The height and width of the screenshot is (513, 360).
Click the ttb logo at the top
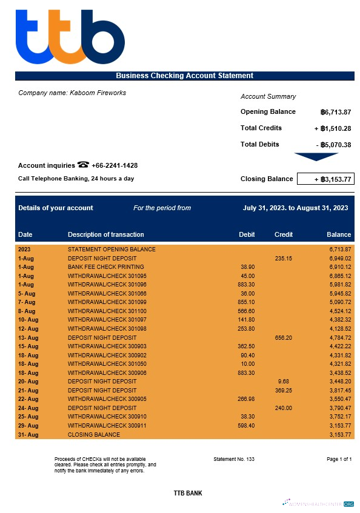coord(70,37)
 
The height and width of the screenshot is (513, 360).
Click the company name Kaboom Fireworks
coord(72,93)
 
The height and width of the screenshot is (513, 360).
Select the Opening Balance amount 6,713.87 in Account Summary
coord(336,112)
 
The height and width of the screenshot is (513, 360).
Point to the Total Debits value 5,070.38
coord(336,145)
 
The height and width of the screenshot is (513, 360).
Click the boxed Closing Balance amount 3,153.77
coord(325,179)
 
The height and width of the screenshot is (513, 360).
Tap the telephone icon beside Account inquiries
coord(83,165)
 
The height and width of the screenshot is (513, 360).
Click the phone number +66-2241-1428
coord(115,165)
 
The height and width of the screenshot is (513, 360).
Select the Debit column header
coord(247,234)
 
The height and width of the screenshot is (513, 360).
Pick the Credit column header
coord(284,234)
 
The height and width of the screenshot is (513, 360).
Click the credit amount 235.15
coord(283,258)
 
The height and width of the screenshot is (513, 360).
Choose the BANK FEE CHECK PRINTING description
coord(105,266)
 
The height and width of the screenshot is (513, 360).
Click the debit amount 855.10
coord(247,302)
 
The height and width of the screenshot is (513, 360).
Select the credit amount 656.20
coord(283,337)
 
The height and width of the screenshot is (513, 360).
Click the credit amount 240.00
coord(283,408)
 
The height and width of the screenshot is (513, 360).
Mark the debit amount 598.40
coord(247,426)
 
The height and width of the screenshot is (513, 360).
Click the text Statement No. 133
coord(234,459)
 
